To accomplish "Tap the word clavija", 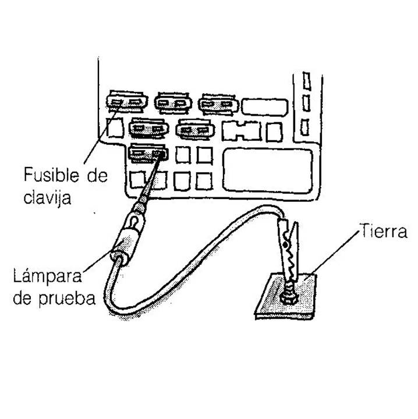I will click(x=48, y=198).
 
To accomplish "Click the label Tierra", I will click(x=382, y=230).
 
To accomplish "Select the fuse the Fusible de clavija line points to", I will click(x=127, y=103).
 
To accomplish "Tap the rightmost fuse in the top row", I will click(x=218, y=104).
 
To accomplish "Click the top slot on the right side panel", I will click(x=305, y=80).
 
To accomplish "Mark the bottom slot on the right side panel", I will click(x=305, y=125).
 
